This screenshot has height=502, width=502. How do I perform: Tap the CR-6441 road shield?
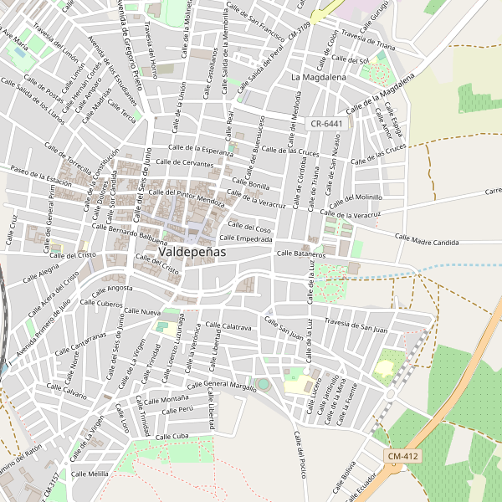(x=326, y=123)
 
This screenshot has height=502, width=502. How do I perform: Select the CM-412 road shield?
(x=403, y=456)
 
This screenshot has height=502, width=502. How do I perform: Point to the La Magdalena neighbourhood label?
(x=319, y=77)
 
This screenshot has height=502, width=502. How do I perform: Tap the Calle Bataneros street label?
(x=300, y=252)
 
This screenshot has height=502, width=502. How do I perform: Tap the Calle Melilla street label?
(x=90, y=474)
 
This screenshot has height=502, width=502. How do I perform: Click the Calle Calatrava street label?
(x=225, y=327)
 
